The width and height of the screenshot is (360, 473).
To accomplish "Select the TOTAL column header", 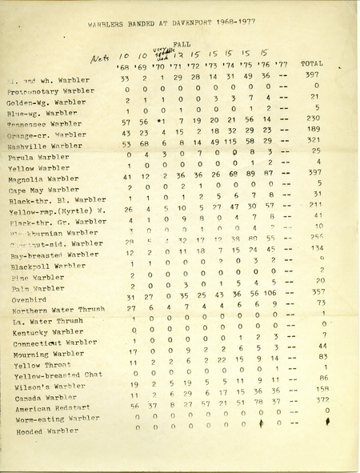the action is point(311,62).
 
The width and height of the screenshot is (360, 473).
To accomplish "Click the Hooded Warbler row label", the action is point(51,431).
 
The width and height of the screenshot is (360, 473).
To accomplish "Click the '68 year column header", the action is point(124,68).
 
